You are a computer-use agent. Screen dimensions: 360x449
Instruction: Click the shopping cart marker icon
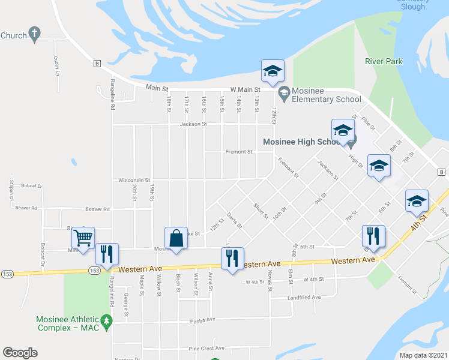click(x=83, y=237)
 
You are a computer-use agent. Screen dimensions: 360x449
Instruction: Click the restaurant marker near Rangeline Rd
click(x=107, y=254)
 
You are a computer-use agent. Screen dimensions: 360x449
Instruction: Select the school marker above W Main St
click(x=272, y=71)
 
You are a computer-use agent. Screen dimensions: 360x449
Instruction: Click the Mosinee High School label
click(x=302, y=142)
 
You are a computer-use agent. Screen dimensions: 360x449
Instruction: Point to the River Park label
click(x=384, y=61)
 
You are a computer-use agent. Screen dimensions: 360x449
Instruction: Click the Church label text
click(x=13, y=35)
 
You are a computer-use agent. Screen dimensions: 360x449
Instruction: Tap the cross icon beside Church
click(x=35, y=34)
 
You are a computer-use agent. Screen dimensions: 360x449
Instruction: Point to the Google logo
click(x=20, y=352)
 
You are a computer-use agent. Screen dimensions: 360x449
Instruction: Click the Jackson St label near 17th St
click(x=193, y=124)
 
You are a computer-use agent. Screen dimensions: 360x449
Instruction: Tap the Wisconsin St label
click(x=133, y=179)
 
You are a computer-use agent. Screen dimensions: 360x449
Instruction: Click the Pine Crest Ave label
click(x=206, y=348)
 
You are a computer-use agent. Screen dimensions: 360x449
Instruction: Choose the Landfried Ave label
click(x=304, y=296)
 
